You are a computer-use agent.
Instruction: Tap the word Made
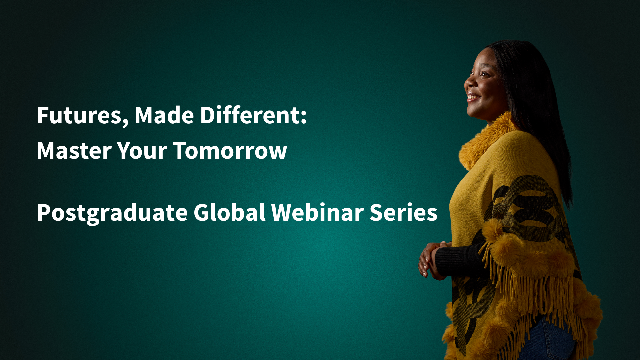click(x=164, y=115)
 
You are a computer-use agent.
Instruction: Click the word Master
click(x=74, y=151)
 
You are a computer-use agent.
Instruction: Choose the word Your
click(x=142, y=151)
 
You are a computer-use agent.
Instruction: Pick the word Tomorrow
click(x=230, y=151)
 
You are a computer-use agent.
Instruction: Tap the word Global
click(x=230, y=212)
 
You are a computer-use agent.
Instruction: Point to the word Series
click(x=403, y=212)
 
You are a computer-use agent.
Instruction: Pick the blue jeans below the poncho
click(x=547, y=340)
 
